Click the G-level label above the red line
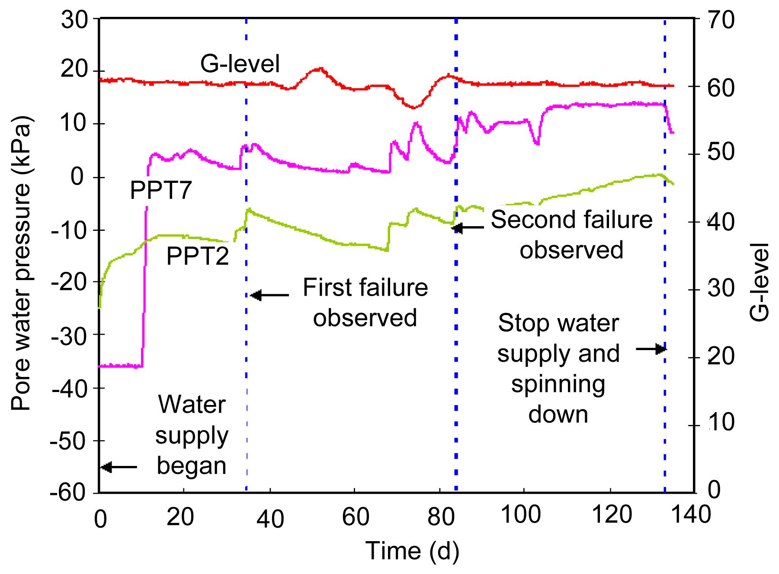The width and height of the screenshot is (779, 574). [x=240, y=64]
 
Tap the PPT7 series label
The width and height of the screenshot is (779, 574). [x=161, y=190]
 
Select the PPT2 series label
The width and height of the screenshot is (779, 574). [x=197, y=256]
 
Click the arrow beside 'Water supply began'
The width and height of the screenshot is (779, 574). [x=119, y=467]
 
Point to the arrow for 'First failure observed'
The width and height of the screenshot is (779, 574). [x=270, y=296]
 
